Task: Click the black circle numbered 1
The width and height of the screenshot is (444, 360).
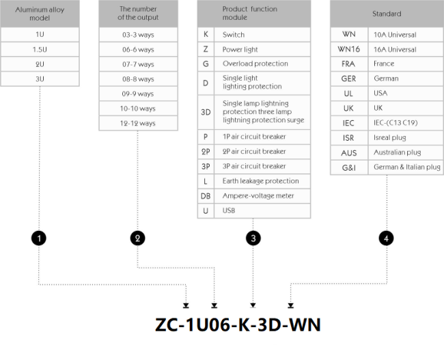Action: pyautogui.click(x=39, y=238)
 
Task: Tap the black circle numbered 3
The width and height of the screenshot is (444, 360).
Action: pyautogui.click(x=253, y=238)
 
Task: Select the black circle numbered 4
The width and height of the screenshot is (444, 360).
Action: pyautogui.click(x=386, y=238)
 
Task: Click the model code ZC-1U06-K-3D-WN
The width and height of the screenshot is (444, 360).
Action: pyautogui.click(x=238, y=324)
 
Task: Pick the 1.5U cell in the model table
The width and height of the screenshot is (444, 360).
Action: pyautogui.click(x=40, y=50)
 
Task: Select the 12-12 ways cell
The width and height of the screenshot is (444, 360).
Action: pyautogui.click(x=138, y=123)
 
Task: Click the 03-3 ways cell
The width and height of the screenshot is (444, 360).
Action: pyautogui.click(x=138, y=35)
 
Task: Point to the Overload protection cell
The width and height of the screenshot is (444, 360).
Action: pyautogui.click(x=262, y=64)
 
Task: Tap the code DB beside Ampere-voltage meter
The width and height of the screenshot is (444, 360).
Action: pyautogui.click(x=206, y=196)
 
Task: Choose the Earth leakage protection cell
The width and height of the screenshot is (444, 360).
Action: pyautogui.click(x=262, y=181)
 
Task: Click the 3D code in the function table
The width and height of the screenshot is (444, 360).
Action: pyautogui.click(x=206, y=113)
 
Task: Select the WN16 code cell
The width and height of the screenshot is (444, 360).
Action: pyautogui.click(x=349, y=50)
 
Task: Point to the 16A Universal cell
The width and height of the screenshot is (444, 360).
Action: pyautogui.click(x=406, y=50)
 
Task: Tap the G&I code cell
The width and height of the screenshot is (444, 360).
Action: pyautogui.click(x=349, y=167)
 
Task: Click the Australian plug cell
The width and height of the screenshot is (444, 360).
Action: pyautogui.click(x=406, y=152)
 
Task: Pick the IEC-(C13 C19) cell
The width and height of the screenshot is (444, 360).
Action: pyautogui.click(x=406, y=123)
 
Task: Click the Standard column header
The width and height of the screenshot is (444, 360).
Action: pyautogui.click(x=387, y=14)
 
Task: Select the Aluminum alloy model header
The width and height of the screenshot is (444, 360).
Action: pyautogui.click(x=40, y=14)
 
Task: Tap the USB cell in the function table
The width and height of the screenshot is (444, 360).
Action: pyautogui.click(x=262, y=210)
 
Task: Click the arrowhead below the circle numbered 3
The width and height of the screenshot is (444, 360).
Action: pyautogui.click(x=253, y=305)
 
